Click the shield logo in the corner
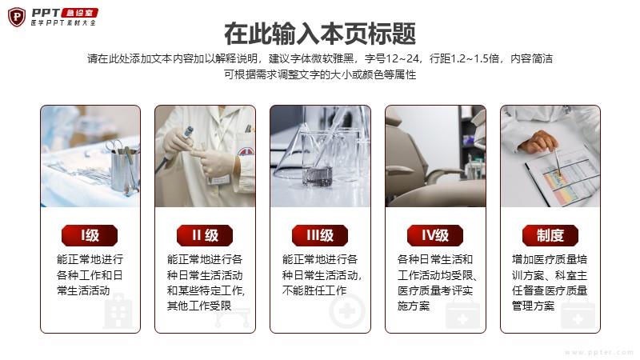tap(17, 17)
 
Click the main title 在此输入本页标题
tap(320, 34)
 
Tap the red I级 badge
tap(90, 235)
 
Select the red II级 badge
tap(205, 235)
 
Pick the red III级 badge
tap(320, 235)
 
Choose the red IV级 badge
tap(435, 235)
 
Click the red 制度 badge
tap(550, 235)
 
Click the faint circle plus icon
tap(347, 312)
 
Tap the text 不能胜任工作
tap(314, 290)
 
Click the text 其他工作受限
tap(199, 306)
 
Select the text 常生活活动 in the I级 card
tap(83, 290)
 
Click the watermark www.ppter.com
tap(598, 352)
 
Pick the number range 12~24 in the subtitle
tap(402, 58)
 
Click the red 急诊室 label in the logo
tap(79, 13)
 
